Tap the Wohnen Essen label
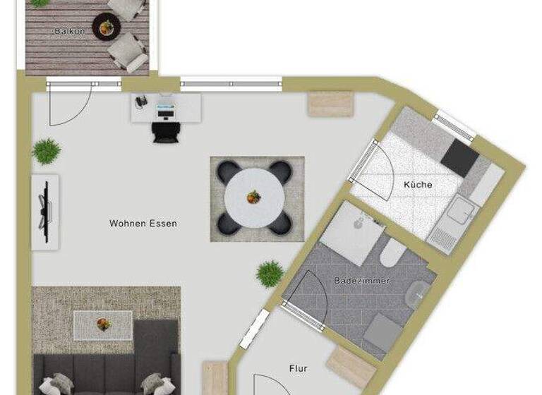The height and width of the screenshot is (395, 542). click(x=143, y=224)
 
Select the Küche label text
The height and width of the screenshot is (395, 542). click(x=418, y=185)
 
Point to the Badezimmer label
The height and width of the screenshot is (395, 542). click(x=361, y=281)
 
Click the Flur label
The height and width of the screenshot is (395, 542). click(x=298, y=368)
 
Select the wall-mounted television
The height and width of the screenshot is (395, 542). click(x=46, y=209)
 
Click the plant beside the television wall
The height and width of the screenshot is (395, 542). click(x=46, y=150)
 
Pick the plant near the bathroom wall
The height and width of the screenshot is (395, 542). click(x=270, y=274)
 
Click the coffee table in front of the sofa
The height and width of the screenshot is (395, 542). click(x=103, y=324)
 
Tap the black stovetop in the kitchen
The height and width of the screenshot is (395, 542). click(x=459, y=158)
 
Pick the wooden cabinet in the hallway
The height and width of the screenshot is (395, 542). click(x=351, y=366)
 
